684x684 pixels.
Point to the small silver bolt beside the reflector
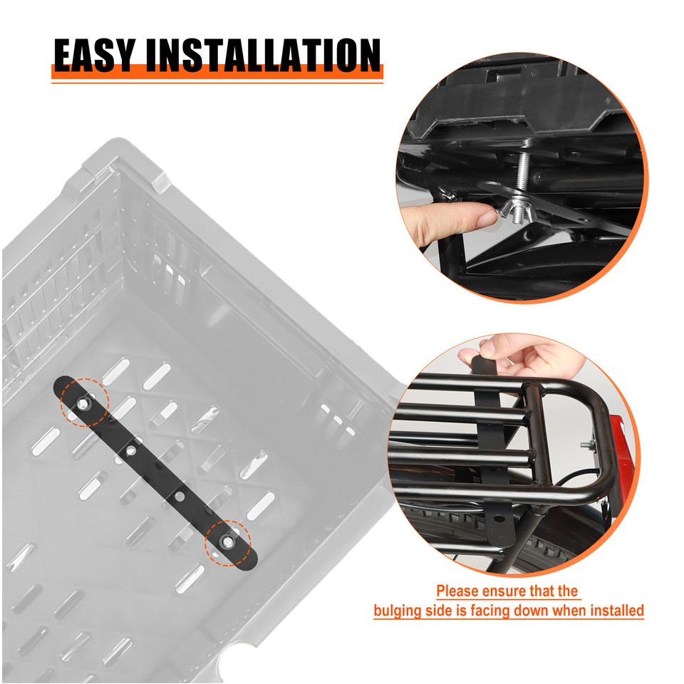(586, 446)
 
